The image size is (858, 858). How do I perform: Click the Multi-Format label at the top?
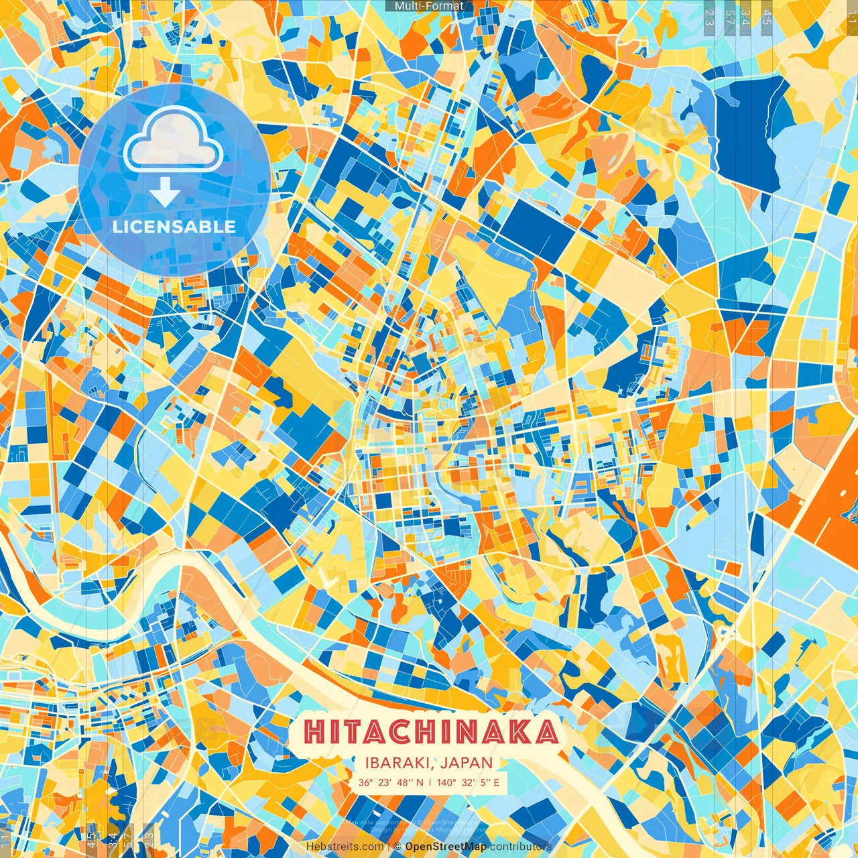429,6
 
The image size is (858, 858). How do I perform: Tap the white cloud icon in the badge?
173,139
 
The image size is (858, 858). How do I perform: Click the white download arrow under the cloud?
165,193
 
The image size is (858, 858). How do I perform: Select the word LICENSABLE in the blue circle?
174,227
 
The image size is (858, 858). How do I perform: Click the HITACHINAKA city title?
430,732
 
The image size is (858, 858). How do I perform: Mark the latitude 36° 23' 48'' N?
391,782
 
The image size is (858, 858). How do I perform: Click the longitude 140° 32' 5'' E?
468,782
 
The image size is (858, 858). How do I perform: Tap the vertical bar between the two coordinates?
430,782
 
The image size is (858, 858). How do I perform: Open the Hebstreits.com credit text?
345,847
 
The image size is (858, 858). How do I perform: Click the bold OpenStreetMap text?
446,847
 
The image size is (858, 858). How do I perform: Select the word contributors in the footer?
520,847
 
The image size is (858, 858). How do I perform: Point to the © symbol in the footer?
397,847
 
